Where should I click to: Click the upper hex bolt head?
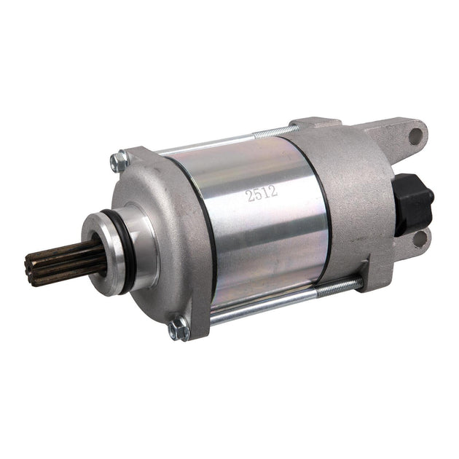[119, 162]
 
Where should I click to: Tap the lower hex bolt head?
[178, 329]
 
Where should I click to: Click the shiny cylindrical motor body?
[262, 219]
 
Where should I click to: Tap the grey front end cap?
[157, 211]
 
